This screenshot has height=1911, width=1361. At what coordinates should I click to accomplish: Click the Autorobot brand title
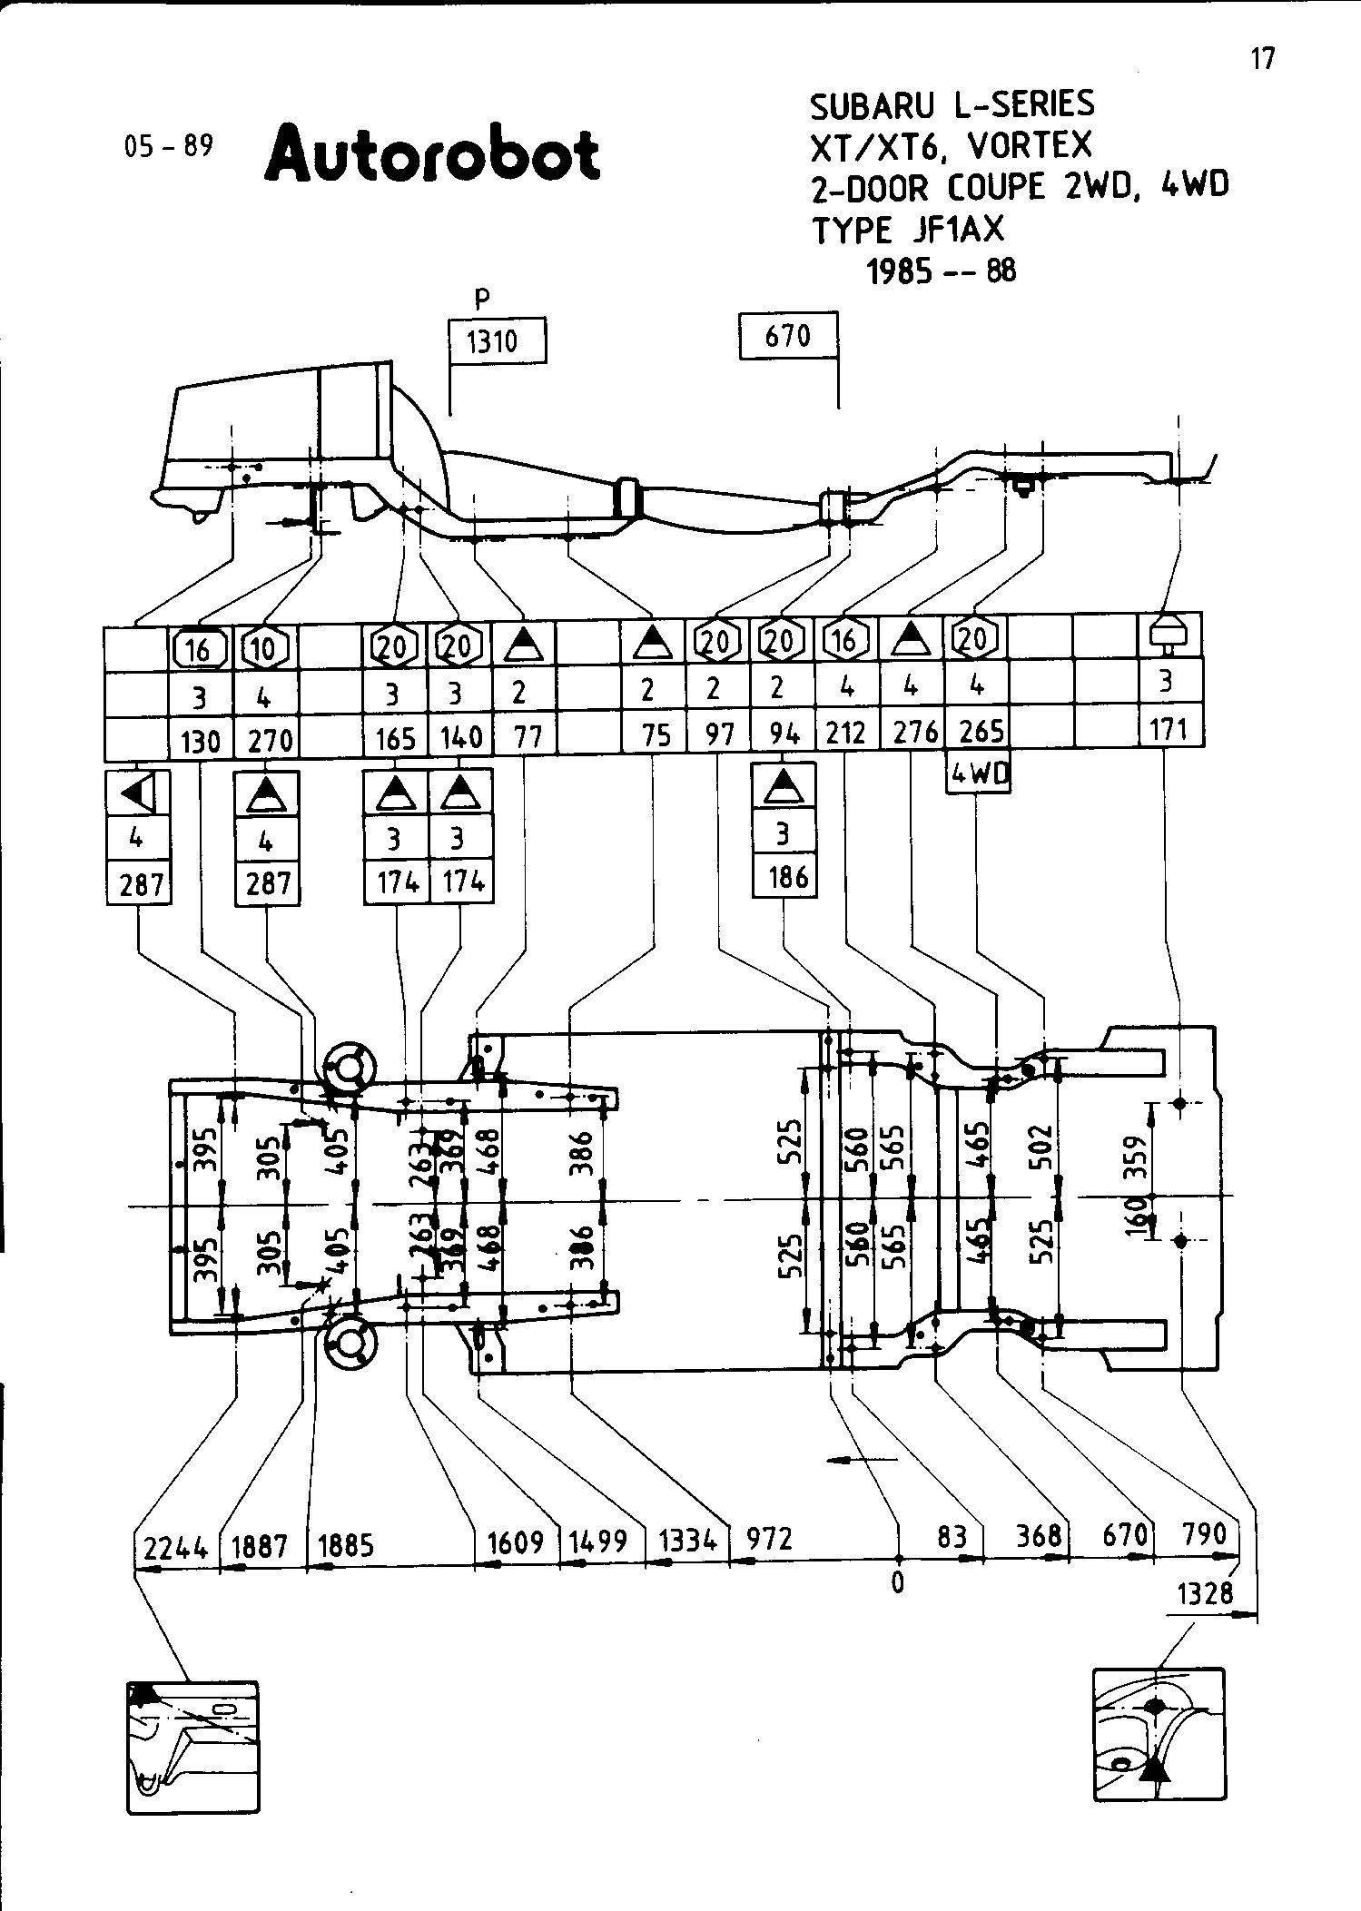click(432, 155)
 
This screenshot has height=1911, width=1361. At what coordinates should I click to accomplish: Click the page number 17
click(1262, 59)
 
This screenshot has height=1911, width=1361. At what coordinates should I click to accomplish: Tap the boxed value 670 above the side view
click(787, 337)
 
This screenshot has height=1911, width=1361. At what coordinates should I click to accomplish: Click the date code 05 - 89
click(169, 145)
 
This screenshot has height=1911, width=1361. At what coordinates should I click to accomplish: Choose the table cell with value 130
click(201, 741)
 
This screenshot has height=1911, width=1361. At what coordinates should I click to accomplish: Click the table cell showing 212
click(846, 732)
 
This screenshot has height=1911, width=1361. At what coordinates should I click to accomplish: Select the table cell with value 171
click(1169, 728)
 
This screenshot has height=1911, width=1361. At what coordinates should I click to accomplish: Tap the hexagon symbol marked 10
click(265, 648)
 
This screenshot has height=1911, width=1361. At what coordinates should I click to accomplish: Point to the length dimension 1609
click(515, 1542)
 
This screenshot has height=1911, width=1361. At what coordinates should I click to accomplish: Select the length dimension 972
click(769, 1538)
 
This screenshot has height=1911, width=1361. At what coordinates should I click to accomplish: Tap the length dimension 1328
click(1205, 1593)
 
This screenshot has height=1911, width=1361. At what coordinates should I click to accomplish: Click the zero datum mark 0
click(897, 1583)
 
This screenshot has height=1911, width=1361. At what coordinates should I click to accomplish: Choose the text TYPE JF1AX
click(908, 231)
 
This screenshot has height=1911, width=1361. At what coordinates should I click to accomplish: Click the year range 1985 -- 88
click(942, 271)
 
